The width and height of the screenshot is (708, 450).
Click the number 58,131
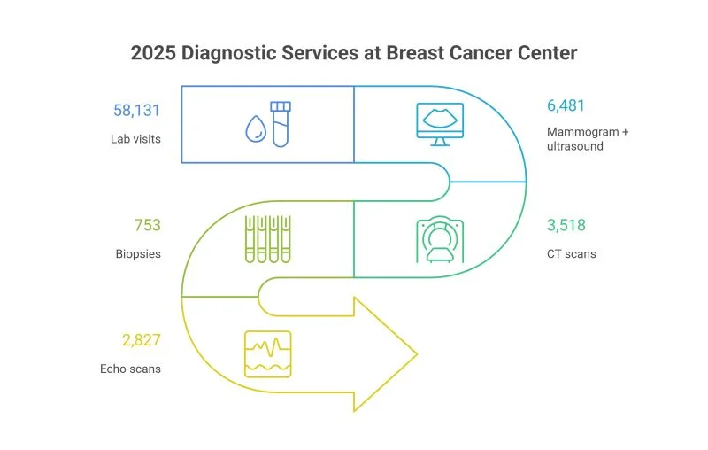point(136,111)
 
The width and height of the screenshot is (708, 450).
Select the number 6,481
point(566,105)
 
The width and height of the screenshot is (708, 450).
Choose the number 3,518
point(566,225)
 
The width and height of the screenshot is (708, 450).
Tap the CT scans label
point(571,254)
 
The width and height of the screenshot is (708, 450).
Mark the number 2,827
point(141,340)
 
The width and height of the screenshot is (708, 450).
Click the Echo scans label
point(130,369)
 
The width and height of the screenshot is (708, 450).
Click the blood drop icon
point(256,129)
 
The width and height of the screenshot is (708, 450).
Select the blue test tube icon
point(281,123)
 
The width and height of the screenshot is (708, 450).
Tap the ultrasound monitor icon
point(440,124)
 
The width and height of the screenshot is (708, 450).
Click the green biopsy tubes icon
point(267,238)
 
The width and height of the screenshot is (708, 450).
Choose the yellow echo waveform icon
point(267,353)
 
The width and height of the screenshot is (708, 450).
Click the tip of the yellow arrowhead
point(415,354)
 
